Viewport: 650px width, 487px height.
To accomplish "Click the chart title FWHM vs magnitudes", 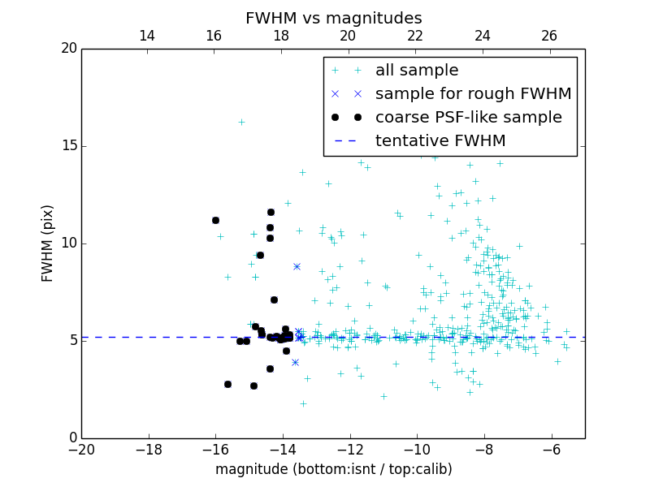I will click(333, 18).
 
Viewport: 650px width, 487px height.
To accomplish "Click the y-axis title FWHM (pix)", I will click(48, 243).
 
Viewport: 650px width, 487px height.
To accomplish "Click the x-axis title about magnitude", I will click(333, 469).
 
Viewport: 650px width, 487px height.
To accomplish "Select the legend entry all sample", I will click(416, 70).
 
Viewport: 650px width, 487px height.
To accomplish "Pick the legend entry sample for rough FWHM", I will click(473, 93).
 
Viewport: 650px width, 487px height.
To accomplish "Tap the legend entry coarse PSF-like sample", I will click(468, 117).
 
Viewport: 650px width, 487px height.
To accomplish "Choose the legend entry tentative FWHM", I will click(440, 140).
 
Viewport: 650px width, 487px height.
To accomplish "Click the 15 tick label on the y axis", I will click(68, 146).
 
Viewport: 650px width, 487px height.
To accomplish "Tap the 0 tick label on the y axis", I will click(72, 438).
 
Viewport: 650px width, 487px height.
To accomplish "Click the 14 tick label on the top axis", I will click(147, 36).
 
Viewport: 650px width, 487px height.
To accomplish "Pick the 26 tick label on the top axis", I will click(549, 36).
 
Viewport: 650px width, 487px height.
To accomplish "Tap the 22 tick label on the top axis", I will click(415, 36).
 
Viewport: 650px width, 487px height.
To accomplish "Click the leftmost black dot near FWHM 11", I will click(215, 220).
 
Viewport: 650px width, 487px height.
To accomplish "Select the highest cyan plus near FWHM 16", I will click(241, 122).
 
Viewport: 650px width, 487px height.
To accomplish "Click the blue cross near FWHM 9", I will click(297, 266).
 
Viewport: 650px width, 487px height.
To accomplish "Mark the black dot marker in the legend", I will click(347, 117).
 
